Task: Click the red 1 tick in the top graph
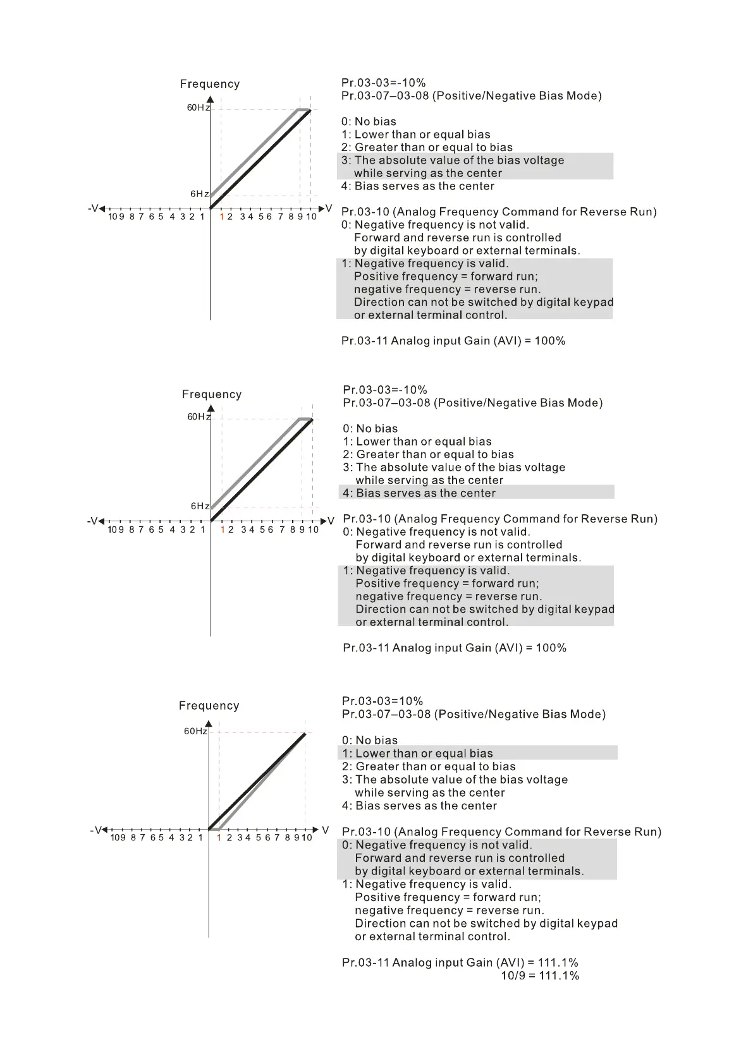222,217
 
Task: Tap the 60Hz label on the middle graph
199,417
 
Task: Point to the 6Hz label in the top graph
200,194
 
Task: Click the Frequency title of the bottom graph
209,706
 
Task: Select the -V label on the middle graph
93,521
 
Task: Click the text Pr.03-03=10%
383,701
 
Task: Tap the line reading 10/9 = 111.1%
540,976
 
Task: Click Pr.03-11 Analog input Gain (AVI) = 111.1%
460,962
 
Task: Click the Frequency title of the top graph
210,84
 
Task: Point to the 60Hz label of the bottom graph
195,731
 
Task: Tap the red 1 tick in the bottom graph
219,838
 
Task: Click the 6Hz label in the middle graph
200,506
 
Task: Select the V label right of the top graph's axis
328,208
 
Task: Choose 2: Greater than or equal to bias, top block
427,147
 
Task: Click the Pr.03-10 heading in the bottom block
501,831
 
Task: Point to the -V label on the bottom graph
96,830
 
